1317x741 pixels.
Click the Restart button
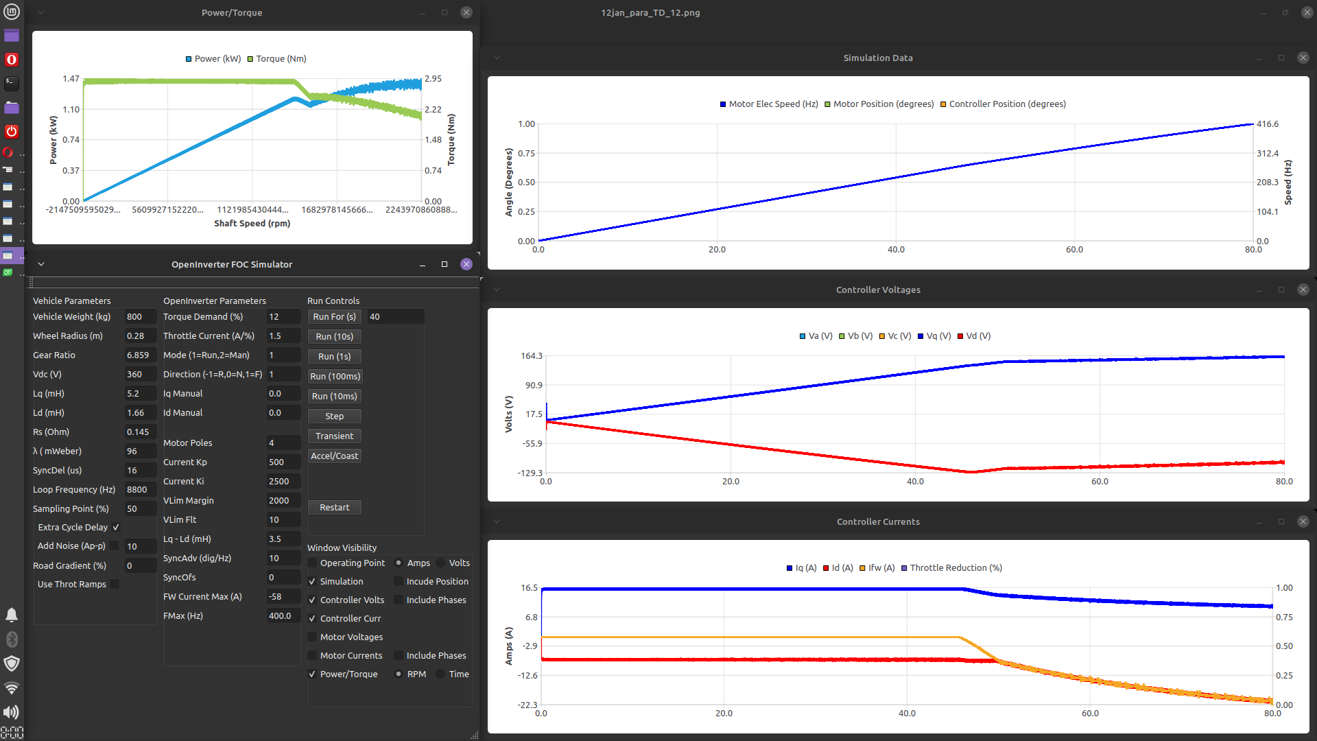click(334, 508)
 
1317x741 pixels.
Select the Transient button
click(334, 436)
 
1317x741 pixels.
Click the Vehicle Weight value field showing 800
click(139, 317)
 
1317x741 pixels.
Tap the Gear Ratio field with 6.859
click(139, 355)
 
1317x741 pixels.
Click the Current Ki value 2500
click(283, 482)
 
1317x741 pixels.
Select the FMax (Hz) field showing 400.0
click(283, 616)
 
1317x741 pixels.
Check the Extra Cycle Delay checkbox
click(116, 528)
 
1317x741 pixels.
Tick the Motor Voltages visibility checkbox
click(313, 637)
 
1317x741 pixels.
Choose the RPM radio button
click(399, 674)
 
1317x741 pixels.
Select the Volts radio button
click(441, 563)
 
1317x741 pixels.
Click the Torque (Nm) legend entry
click(277, 59)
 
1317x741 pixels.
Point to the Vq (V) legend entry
click(934, 336)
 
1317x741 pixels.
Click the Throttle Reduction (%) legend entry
click(951, 568)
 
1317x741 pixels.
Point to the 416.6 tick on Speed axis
click(1267, 124)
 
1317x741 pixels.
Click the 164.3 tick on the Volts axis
click(532, 356)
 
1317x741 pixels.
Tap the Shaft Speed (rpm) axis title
click(252, 224)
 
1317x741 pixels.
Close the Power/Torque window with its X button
click(466, 12)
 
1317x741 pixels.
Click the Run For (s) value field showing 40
click(394, 317)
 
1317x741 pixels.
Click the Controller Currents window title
click(878, 522)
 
